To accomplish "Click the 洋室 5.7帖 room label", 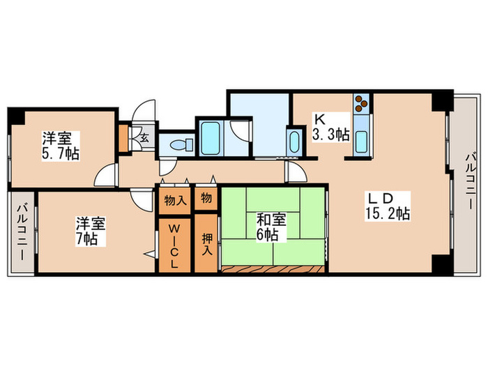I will click(x=59, y=145).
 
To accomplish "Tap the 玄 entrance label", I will click(x=144, y=138).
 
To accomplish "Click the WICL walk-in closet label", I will click(x=174, y=246).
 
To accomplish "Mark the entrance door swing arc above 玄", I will click(x=145, y=112).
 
